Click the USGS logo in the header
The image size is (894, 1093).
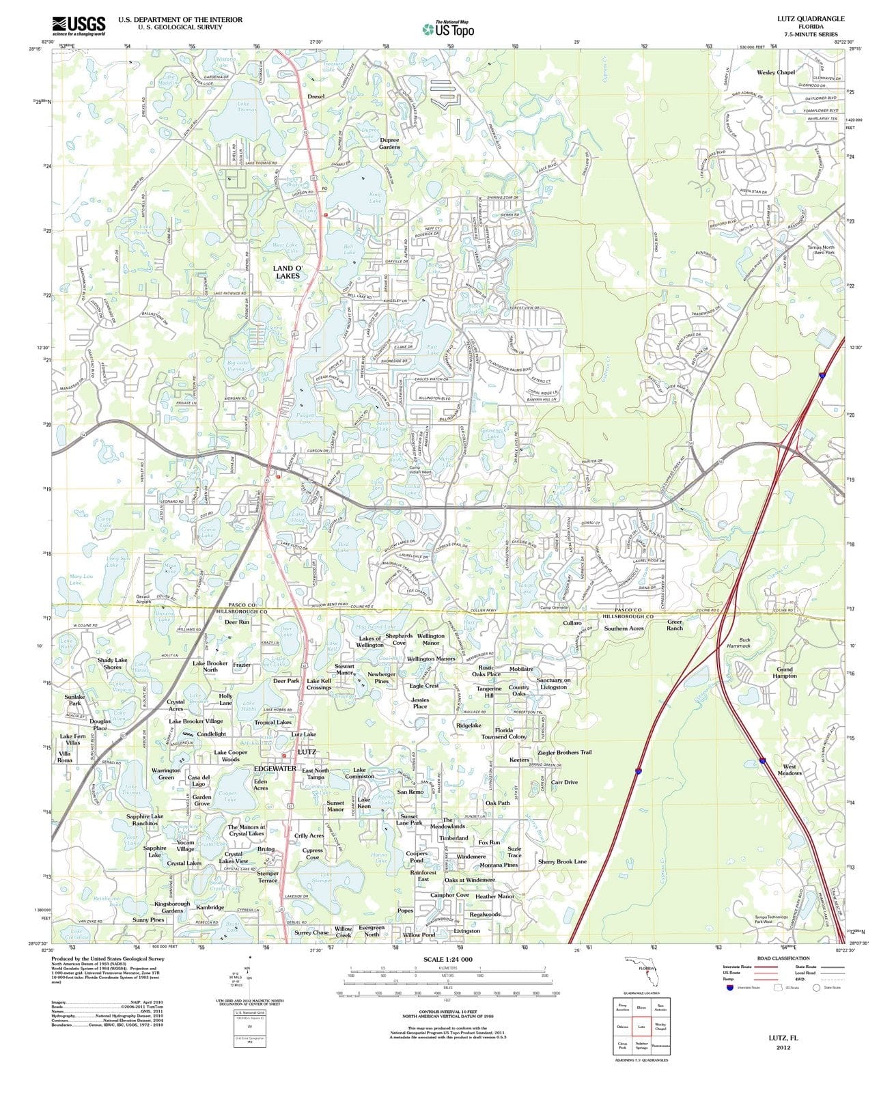[x=79, y=25]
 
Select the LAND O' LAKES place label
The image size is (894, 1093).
[x=287, y=272]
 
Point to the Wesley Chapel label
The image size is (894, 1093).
[x=776, y=72]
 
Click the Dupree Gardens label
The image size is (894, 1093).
[x=390, y=143]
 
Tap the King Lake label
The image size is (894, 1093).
[x=375, y=198]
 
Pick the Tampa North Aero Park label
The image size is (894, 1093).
[x=821, y=249]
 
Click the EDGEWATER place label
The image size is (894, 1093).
[x=275, y=769]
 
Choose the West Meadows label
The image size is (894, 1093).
[x=790, y=769]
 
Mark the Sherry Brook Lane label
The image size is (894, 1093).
[x=562, y=861]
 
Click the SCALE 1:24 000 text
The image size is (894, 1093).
[x=447, y=959]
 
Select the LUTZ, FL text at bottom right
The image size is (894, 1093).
[x=783, y=1037]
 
